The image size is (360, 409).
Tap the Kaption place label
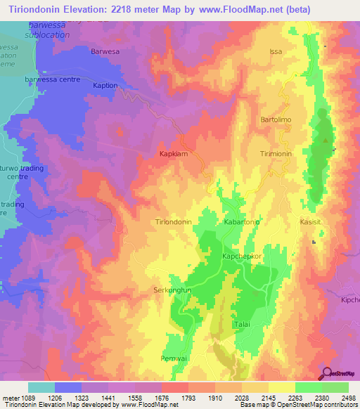pos(105,85)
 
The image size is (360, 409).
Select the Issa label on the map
pos(275,52)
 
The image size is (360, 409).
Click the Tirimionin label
pos(277,153)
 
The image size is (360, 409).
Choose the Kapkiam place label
pos(173,153)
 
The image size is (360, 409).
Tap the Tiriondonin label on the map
pos(173,221)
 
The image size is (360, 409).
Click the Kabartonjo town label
pos(242,221)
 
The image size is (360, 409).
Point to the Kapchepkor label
pos(242,256)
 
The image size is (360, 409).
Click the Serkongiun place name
pos(173,290)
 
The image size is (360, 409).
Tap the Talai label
pos(242,324)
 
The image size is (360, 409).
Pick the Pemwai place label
pos(174,358)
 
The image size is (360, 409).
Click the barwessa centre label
pos(49,80)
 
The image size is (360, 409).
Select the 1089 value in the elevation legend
pos(28,398)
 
